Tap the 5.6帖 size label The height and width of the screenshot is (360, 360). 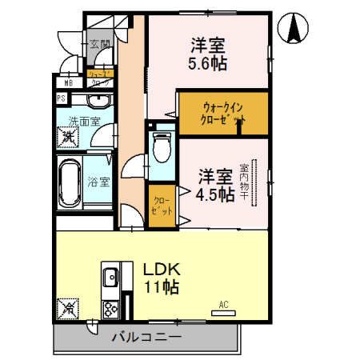(212, 65)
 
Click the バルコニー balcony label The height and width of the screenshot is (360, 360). (146, 338)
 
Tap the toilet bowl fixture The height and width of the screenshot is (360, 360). (161, 150)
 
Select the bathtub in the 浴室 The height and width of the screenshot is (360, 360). (69, 183)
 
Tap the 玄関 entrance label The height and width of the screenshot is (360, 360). (98, 46)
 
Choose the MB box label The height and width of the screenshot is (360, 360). (60, 81)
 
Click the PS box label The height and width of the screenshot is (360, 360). (60, 98)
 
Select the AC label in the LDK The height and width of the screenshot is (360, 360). (225, 303)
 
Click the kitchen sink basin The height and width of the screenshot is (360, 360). (110, 278)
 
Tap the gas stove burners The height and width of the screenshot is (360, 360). (110, 306)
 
